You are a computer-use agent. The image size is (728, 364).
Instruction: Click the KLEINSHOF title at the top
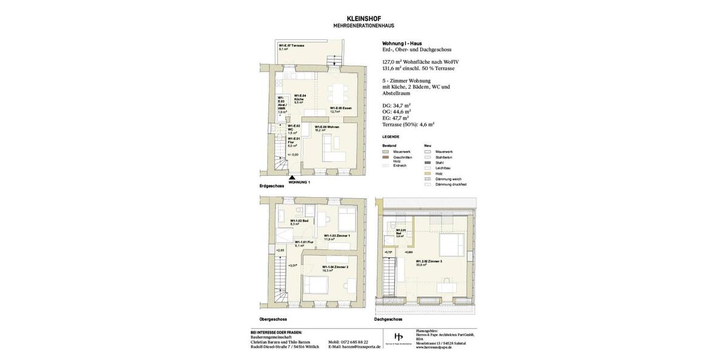coord(363,19)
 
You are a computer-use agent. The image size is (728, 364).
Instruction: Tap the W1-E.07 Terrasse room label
coord(291,47)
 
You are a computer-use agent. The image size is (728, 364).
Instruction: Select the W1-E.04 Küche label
coord(300,99)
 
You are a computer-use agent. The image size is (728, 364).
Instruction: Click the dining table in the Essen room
coord(337,94)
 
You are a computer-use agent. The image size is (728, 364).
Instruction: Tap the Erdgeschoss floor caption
coord(272,185)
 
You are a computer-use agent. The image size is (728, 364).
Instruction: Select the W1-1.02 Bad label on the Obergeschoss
coord(299,222)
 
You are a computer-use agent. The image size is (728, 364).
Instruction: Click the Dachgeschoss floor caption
coord(388,319)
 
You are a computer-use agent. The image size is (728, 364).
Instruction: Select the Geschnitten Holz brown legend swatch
coord(385,157)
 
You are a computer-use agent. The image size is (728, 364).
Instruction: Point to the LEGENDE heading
coord(391,137)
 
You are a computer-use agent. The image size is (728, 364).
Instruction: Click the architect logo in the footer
coord(399,337)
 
